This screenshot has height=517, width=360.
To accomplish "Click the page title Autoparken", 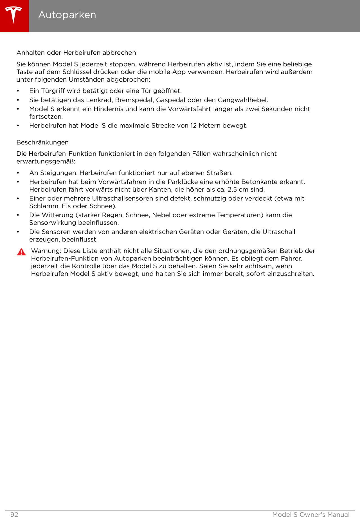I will (x=67, y=15).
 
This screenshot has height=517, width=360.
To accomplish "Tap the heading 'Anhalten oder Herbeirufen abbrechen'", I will (x=76, y=53).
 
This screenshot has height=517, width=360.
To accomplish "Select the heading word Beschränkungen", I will (x=42, y=142).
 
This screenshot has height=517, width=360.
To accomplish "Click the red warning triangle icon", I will (x=21, y=252).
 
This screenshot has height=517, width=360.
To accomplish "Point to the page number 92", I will (x=14, y=514).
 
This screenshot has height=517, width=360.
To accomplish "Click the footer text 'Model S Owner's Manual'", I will (x=311, y=514).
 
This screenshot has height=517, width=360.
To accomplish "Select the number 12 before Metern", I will (x=193, y=126).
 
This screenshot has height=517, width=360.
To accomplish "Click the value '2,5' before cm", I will (x=232, y=189).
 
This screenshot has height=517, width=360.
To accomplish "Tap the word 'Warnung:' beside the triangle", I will (x=46, y=251).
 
